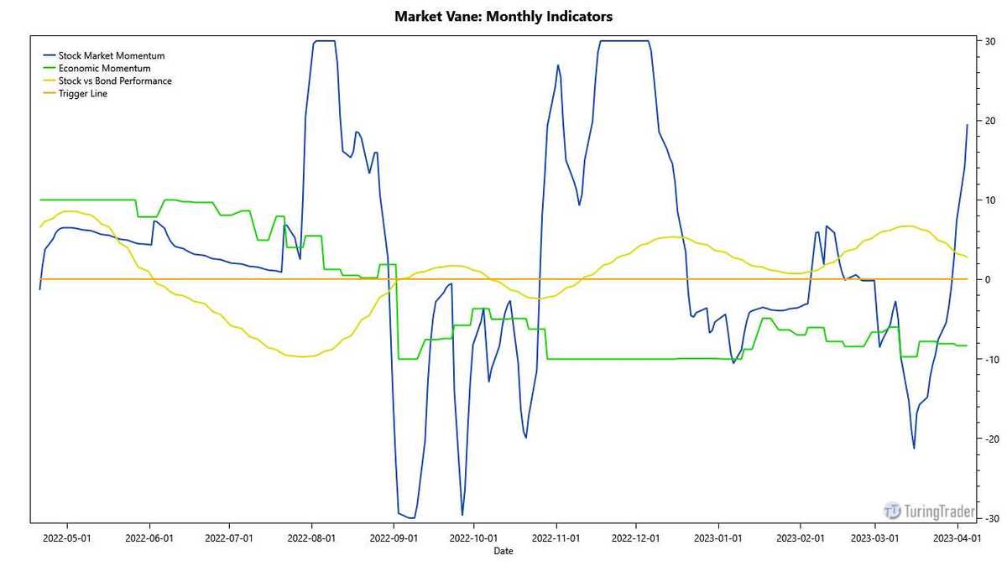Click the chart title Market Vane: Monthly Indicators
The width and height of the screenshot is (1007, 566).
tap(503, 16)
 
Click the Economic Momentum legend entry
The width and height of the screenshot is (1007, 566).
tap(104, 68)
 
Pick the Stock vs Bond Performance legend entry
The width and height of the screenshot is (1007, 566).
tap(115, 80)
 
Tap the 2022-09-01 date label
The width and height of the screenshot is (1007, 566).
tap(393, 537)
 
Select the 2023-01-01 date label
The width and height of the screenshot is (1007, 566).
tap(718, 537)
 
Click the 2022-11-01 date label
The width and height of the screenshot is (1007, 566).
tap(556, 537)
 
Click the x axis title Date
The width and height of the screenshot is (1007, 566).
tap(503, 551)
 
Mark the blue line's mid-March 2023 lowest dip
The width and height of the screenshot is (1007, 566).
tap(914, 449)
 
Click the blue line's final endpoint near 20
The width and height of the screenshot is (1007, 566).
tap(968, 124)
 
